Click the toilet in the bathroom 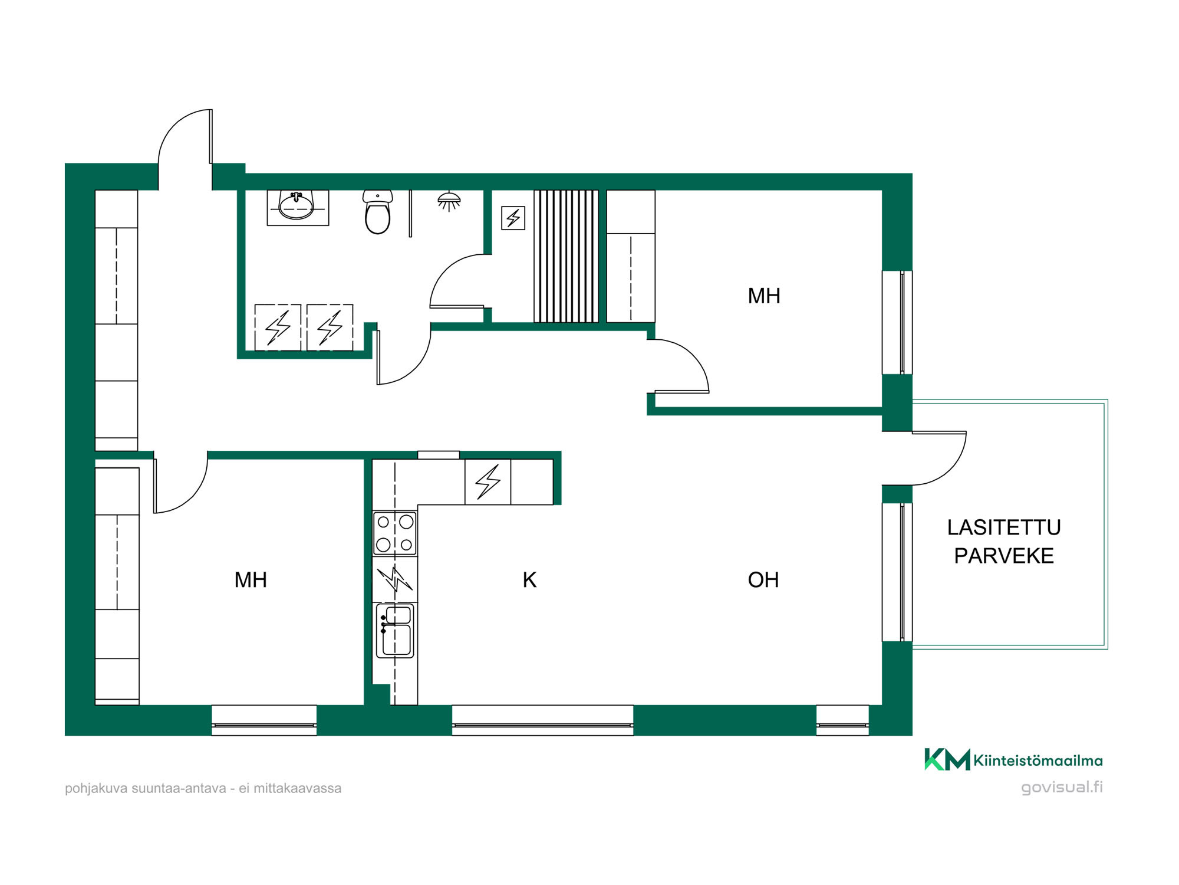[x=377, y=212]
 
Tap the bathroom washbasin [x=297, y=205]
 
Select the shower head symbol [x=449, y=201]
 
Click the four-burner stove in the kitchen [x=395, y=533]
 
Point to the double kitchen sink [x=396, y=630]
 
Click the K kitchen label [x=529, y=580]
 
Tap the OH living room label [x=763, y=580]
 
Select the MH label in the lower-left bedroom [x=251, y=580]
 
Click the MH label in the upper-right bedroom [x=764, y=296]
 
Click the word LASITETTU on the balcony [x=1004, y=527]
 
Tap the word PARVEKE [x=1004, y=556]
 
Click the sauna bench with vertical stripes [x=566, y=256]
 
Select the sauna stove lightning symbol [x=513, y=218]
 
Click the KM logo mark [x=947, y=759]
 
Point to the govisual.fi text [x=1062, y=787]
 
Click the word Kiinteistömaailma [x=1038, y=761]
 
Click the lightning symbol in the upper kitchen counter [x=488, y=481]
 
